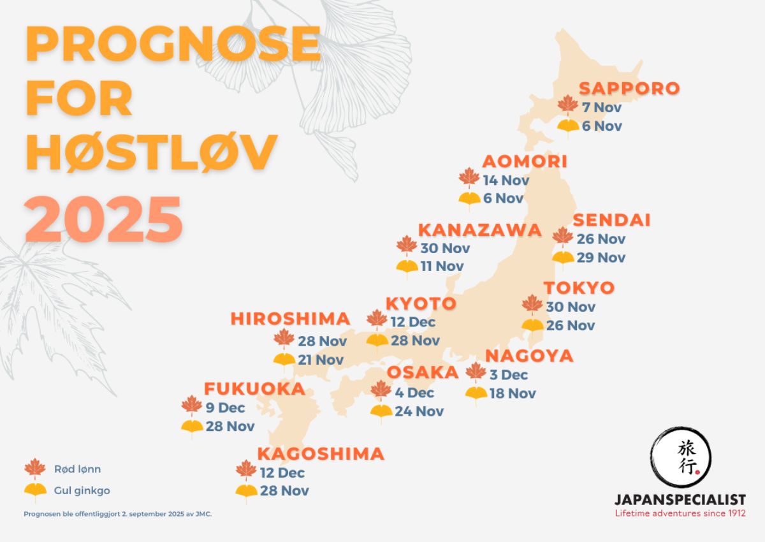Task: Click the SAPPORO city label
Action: click(x=629, y=88)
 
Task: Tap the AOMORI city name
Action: click(x=525, y=161)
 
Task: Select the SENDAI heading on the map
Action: click(x=611, y=220)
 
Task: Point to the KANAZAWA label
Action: click(x=479, y=230)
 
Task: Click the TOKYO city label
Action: click(x=579, y=288)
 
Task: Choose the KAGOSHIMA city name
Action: click(x=321, y=454)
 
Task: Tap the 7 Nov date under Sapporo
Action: click(x=602, y=107)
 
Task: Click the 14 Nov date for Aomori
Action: click(x=506, y=180)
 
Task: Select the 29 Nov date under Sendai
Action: click(x=601, y=258)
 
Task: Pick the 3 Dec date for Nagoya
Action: click(x=509, y=374)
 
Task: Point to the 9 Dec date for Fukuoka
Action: click(x=226, y=407)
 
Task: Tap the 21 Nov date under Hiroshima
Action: click(x=321, y=360)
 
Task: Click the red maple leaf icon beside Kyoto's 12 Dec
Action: click(x=377, y=320)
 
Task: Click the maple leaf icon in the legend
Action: click(x=35, y=469)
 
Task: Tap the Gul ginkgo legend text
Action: click(x=78, y=491)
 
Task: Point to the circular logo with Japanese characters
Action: click(x=680, y=458)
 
